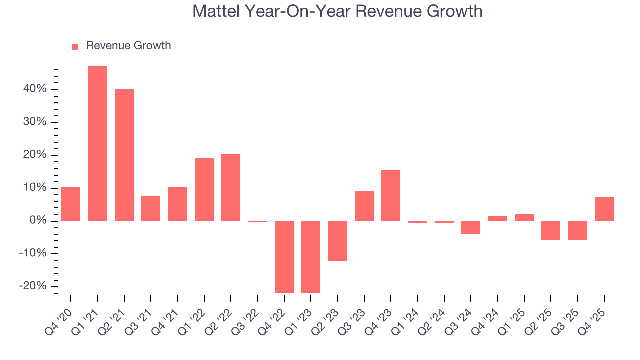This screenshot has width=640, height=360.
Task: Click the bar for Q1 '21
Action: coord(98,144)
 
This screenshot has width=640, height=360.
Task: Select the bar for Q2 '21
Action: coord(124,155)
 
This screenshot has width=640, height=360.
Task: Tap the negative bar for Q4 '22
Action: coord(284,257)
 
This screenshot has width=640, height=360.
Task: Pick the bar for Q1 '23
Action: coord(311,257)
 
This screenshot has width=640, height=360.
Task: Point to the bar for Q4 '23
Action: coord(391,195)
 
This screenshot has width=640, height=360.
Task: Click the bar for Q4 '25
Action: coord(604,209)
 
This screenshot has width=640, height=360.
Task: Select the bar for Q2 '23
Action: coord(338,241)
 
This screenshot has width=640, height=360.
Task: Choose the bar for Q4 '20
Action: coord(71,204)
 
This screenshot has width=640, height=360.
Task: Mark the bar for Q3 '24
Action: coord(471,227)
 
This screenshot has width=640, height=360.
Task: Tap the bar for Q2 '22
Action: coord(231,187)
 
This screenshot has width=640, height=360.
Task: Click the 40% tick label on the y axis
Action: coord(34,89)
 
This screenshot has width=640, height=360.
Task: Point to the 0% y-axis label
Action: coord(37,221)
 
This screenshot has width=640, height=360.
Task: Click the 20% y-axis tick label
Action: coord(34,155)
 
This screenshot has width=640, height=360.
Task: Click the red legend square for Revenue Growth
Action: coord(75,46)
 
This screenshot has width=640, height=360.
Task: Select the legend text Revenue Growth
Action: coord(128,46)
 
